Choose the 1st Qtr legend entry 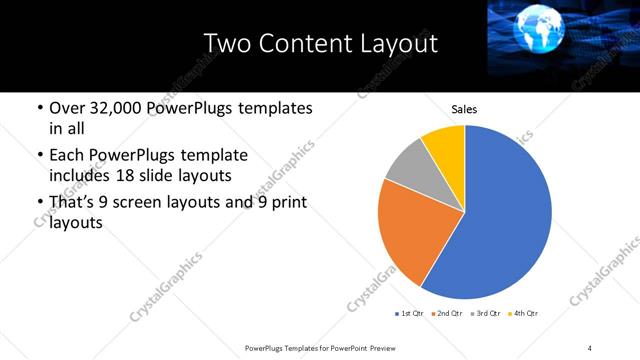(410, 314)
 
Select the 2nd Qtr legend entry (447, 314)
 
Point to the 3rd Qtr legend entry (485, 314)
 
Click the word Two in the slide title (226, 44)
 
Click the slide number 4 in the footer (590, 347)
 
